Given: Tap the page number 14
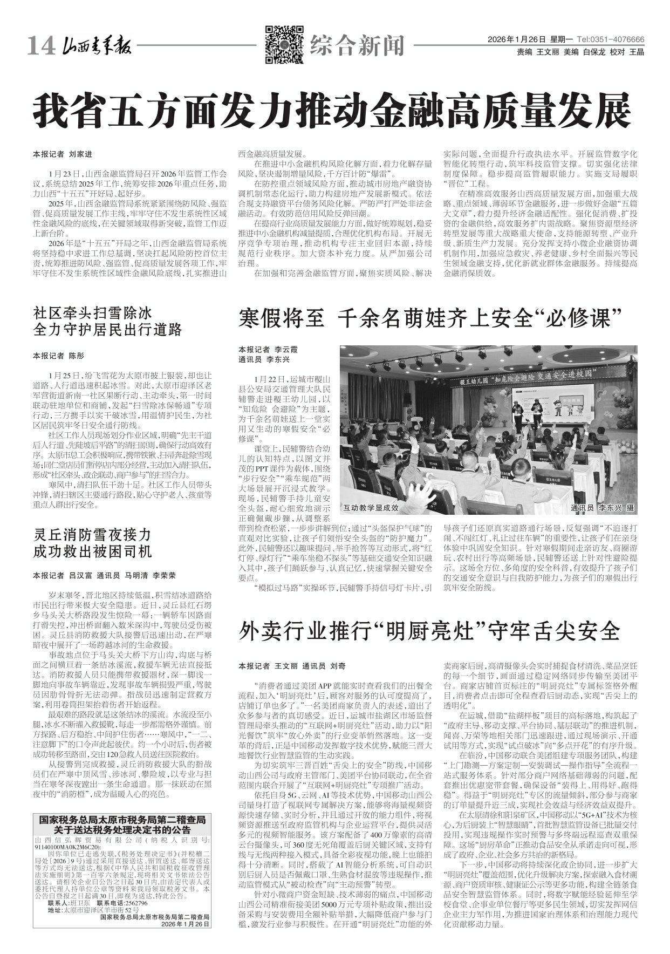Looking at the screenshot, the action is coord(40,47).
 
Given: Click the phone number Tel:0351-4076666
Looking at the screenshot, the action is coord(610,40).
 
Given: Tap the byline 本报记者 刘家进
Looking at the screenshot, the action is coord(63,154).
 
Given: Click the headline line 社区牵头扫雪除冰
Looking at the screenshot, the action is coord(93,312).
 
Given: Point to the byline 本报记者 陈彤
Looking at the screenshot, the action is coord(59,356).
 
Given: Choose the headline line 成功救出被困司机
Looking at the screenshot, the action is coord(93,551).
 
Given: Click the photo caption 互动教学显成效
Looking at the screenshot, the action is coord(371,508).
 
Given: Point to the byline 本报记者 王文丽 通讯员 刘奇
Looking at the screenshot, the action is coord(292,666).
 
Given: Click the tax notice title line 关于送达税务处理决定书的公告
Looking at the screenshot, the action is coord(121,829).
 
